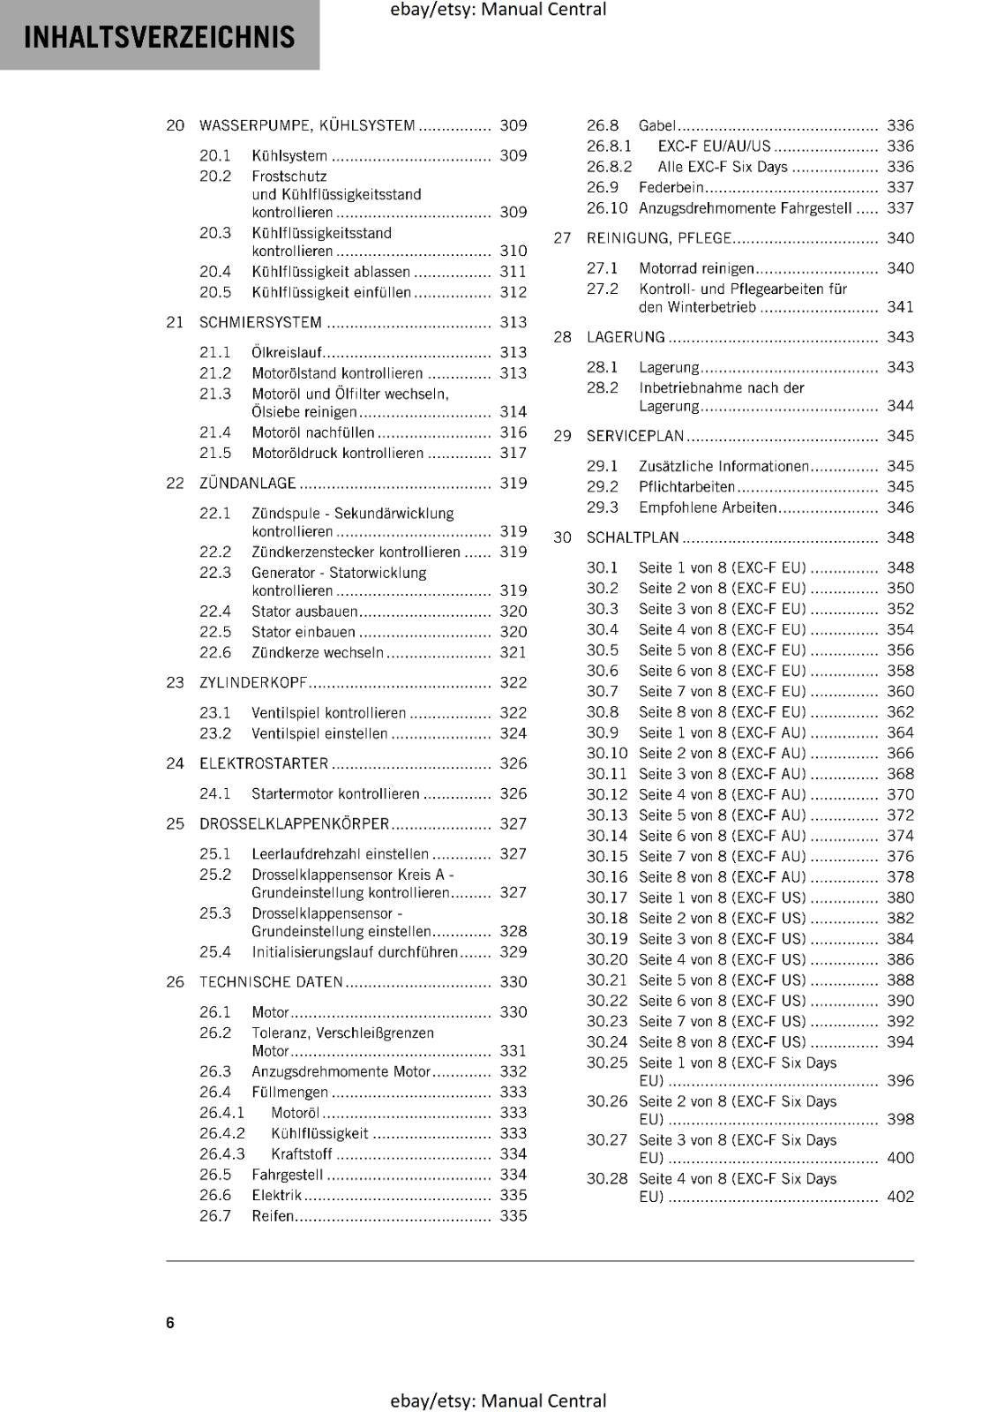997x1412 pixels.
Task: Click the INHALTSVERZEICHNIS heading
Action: pyautogui.click(x=159, y=37)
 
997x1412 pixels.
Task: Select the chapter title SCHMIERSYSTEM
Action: pyautogui.click(x=260, y=322)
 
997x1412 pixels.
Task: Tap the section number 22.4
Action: pyautogui.click(x=214, y=611)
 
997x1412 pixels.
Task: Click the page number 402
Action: pyautogui.click(x=900, y=1197)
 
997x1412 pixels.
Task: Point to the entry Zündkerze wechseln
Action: pyautogui.click(x=317, y=652)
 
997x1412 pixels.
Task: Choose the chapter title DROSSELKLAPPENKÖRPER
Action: pyautogui.click(x=294, y=823)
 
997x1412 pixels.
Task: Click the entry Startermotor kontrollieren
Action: pyautogui.click(x=335, y=793)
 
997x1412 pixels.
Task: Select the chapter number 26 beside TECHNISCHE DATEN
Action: pyautogui.click(x=175, y=981)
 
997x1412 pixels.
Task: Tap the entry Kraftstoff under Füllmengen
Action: pyautogui.click(x=301, y=1153)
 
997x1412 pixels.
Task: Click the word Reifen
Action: pyautogui.click(x=273, y=1215)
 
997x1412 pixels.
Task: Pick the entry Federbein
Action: pyautogui.click(x=671, y=187)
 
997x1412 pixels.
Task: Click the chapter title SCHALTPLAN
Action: pyautogui.click(x=633, y=537)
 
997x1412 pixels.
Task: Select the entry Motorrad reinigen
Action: pyautogui.click(x=696, y=268)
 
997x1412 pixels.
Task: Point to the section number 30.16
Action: pyautogui.click(x=606, y=876)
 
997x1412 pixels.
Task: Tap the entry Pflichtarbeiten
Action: pyautogui.click(x=686, y=486)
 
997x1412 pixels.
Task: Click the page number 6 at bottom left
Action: pyautogui.click(x=170, y=1322)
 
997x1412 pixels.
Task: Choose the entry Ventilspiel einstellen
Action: pyautogui.click(x=319, y=733)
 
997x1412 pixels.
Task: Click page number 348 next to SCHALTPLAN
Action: pyautogui.click(x=900, y=537)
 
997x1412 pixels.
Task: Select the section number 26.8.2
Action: pyautogui.click(x=609, y=167)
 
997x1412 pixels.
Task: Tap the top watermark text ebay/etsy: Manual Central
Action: pyautogui.click(x=498, y=10)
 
